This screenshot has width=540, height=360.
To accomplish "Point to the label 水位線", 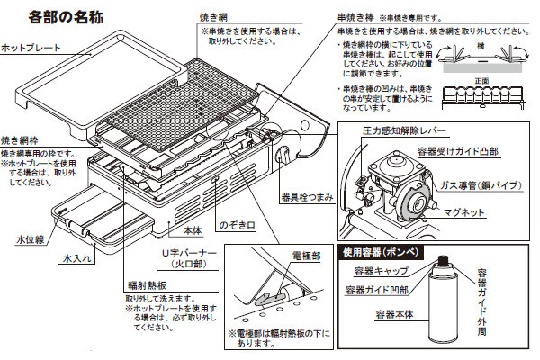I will pos(29,240).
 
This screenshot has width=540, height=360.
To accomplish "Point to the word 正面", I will pos(483,80).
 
